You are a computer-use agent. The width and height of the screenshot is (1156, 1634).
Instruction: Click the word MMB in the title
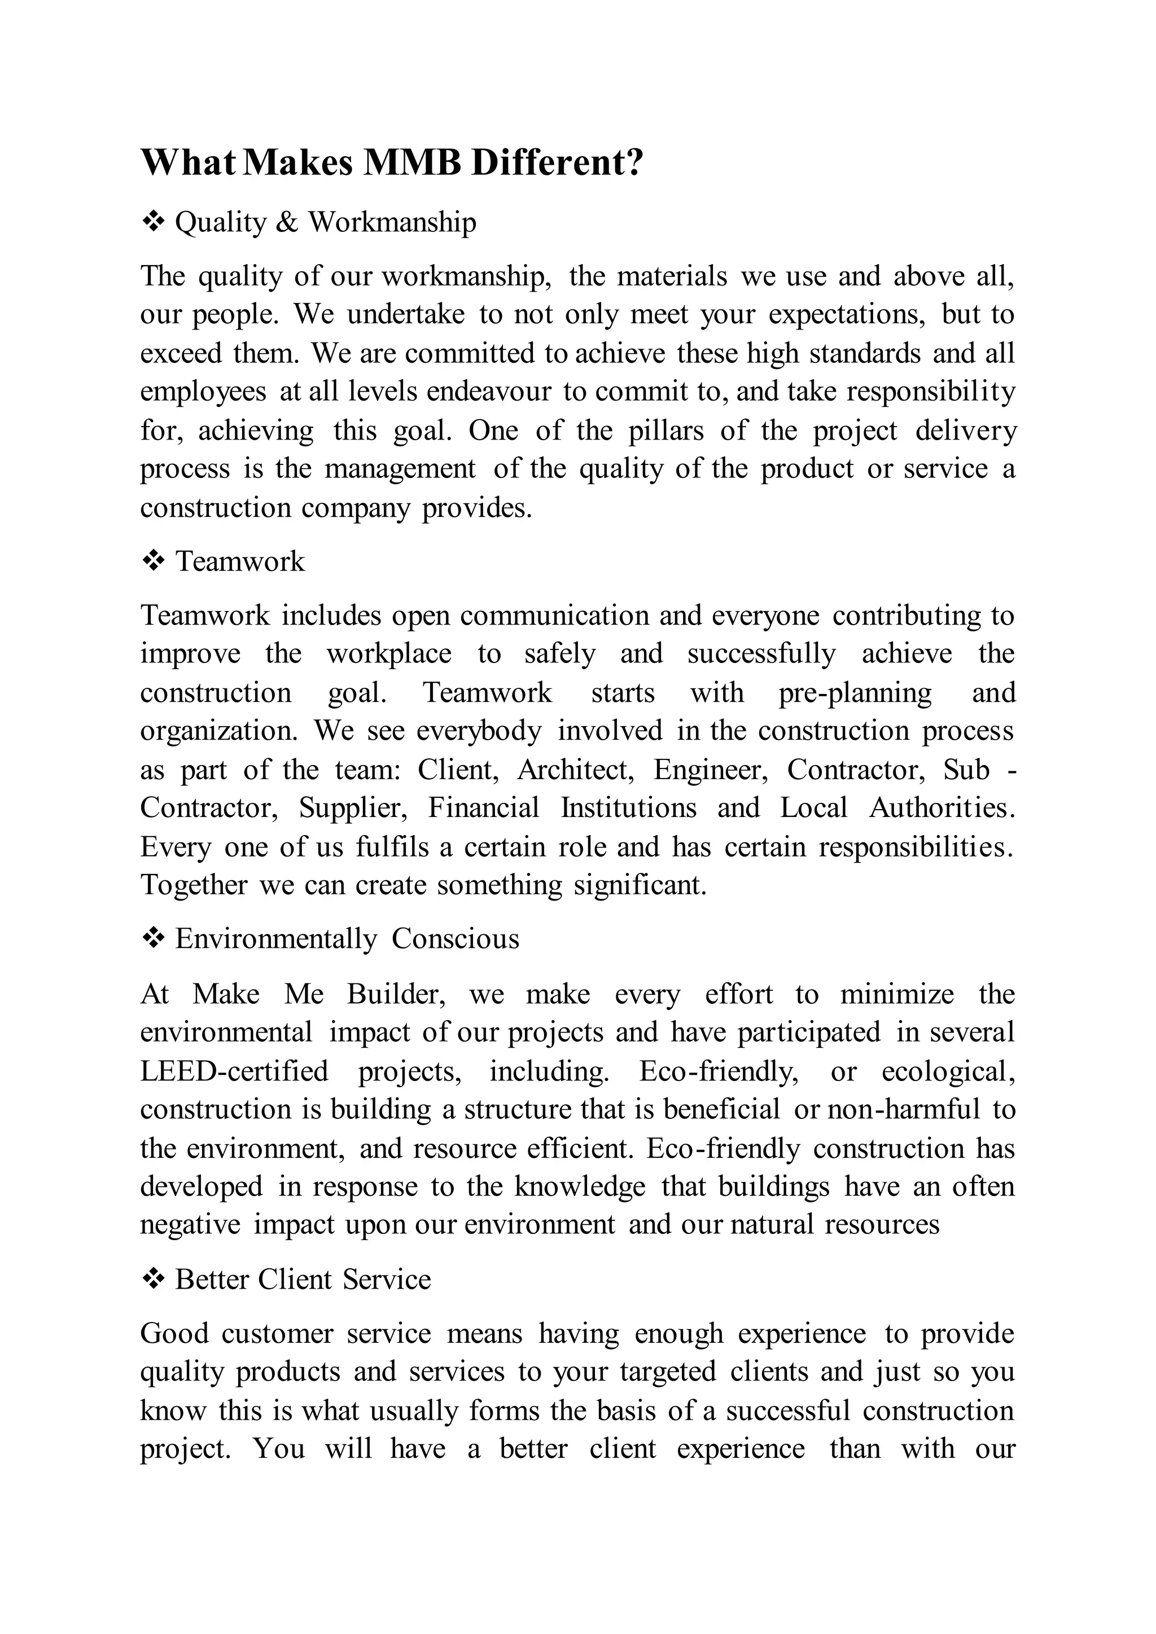pyautogui.click(x=412, y=163)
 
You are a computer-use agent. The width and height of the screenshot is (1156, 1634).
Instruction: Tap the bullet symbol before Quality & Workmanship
pyautogui.click(x=152, y=222)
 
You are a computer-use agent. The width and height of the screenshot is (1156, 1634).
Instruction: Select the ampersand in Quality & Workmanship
pyautogui.click(x=286, y=223)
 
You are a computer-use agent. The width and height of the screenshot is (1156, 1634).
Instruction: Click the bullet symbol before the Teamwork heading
pyautogui.click(x=152, y=561)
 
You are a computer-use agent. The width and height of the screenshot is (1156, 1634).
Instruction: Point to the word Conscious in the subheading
pyautogui.click(x=455, y=939)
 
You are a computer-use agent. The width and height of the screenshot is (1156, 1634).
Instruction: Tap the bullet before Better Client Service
pyautogui.click(x=152, y=1280)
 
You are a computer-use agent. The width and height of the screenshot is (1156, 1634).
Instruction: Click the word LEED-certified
pyautogui.click(x=234, y=1071)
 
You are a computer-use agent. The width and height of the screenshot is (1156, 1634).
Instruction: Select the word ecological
pyautogui.click(x=948, y=1071)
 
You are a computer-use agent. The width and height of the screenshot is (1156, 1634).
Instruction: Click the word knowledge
pyautogui.click(x=580, y=1187)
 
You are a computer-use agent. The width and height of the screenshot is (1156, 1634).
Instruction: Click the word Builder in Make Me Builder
pyautogui.click(x=396, y=994)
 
